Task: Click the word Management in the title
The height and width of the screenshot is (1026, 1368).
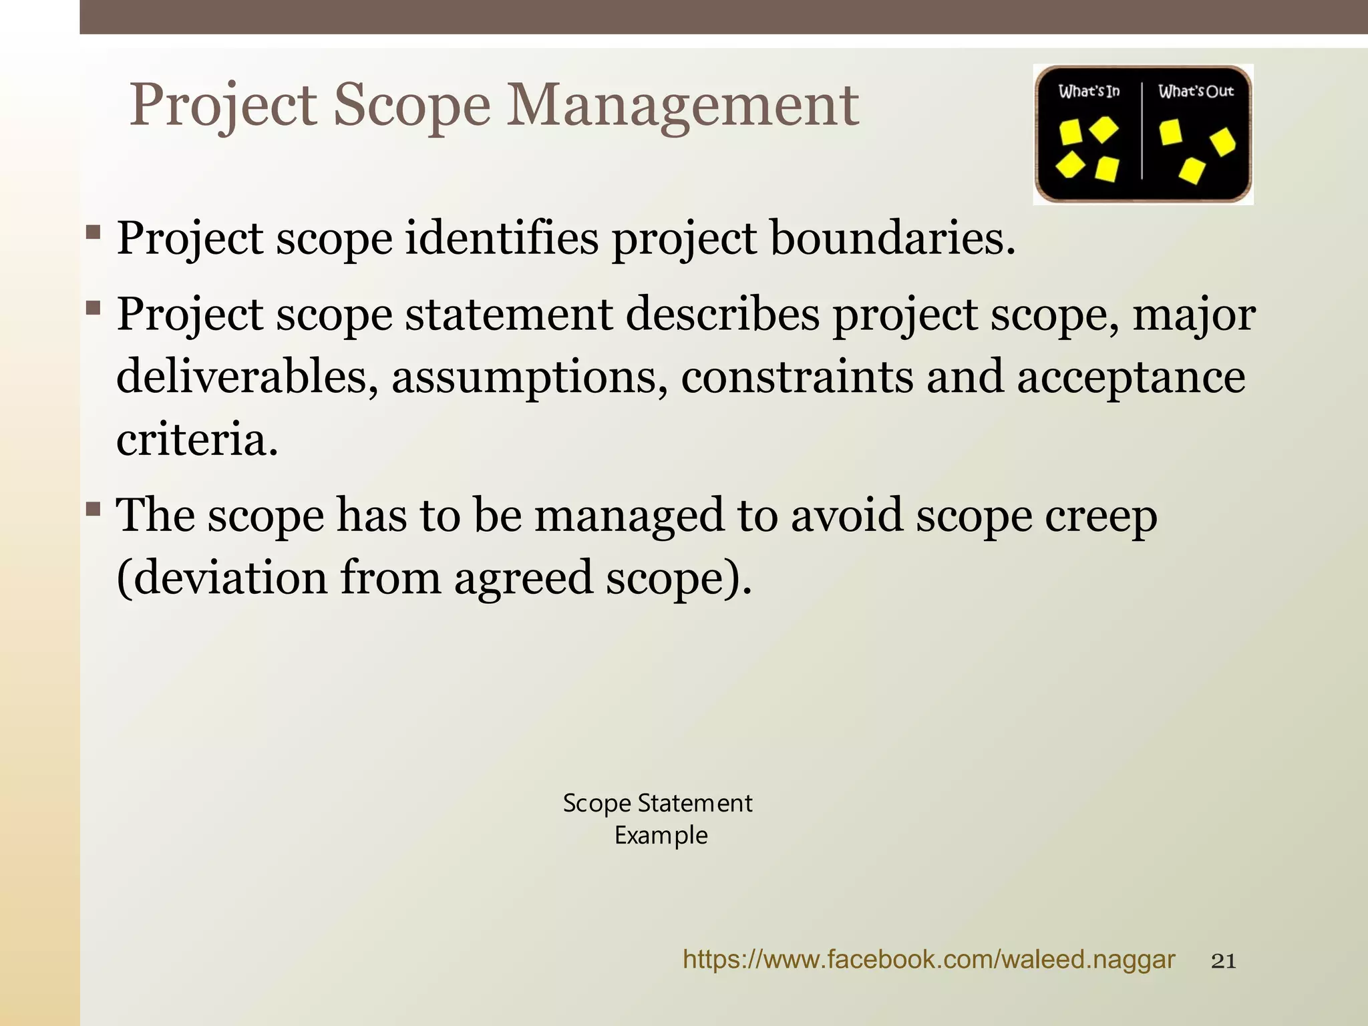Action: (x=682, y=106)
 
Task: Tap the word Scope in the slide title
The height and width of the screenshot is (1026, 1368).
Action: (x=411, y=106)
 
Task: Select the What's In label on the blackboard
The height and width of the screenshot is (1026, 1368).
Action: (x=1089, y=92)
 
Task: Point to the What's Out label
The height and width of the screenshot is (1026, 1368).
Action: (x=1196, y=92)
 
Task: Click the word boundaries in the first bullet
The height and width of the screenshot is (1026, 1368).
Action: (x=892, y=238)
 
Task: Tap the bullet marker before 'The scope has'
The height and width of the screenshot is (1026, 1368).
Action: (x=94, y=511)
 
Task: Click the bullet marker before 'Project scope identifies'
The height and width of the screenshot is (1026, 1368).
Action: (x=94, y=234)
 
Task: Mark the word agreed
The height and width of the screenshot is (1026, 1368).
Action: (x=523, y=578)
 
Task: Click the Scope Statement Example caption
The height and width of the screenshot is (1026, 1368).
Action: (x=659, y=819)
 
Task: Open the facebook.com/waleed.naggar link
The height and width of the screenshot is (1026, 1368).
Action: (x=928, y=960)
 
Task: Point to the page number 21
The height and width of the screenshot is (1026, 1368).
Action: (x=1223, y=961)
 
